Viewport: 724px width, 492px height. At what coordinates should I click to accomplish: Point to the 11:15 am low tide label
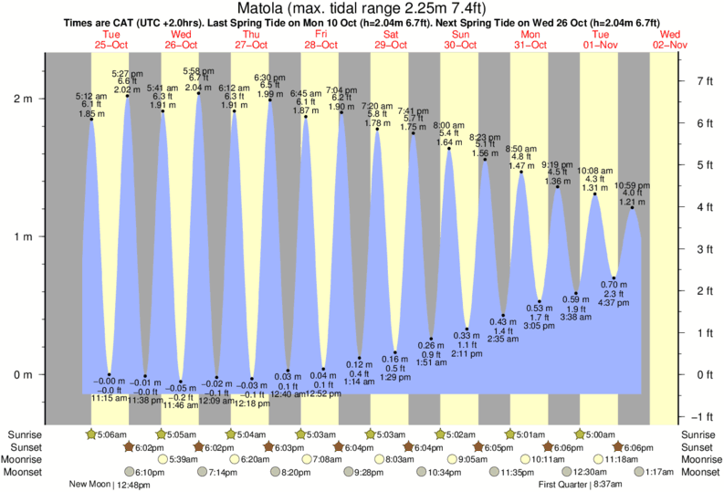(x=109, y=398)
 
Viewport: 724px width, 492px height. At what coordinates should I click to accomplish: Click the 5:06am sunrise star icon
(x=90, y=434)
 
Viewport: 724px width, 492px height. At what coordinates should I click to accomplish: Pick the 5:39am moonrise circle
(x=163, y=459)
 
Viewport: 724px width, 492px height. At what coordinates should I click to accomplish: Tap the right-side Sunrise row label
(x=698, y=434)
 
